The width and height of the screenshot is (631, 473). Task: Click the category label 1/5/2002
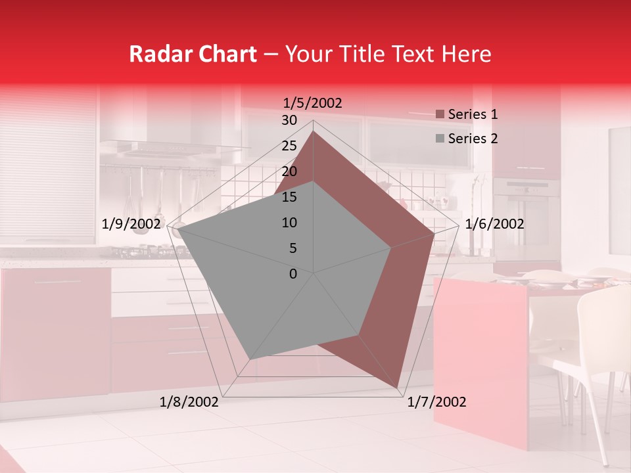pyautogui.click(x=313, y=102)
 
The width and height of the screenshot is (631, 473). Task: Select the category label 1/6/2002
pyautogui.click(x=494, y=224)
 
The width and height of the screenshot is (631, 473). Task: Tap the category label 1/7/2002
pyautogui.click(x=436, y=402)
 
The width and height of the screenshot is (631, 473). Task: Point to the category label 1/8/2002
pyautogui.click(x=189, y=402)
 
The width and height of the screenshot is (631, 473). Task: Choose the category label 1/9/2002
pyautogui.click(x=131, y=224)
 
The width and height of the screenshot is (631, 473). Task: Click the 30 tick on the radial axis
pyautogui.click(x=289, y=120)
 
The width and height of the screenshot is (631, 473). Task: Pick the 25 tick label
pyautogui.click(x=289, y=146)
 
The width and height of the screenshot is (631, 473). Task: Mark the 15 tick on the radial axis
pyautogui.click(x=289, y=197)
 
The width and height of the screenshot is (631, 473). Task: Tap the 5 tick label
pyautogui.click(x=292, y=248)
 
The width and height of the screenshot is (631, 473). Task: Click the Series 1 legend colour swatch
pyautogui.click(x=440, y=115)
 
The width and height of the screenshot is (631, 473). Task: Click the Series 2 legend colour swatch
pyautogui.click(x=440, y=139)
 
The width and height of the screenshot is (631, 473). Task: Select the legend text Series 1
pyautogui.click(x=473, y=114)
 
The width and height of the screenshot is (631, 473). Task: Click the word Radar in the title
pyautogui.click(x=158, y=54)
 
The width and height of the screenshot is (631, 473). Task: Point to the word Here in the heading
pyautogui.click(x=466, y=54)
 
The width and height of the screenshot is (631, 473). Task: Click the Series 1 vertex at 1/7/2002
pyautogui.click(x=398, y=388)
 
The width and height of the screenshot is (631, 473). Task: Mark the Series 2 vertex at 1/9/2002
pyautogui.click(x=178, y=229)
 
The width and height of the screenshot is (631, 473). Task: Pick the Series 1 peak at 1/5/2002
pyautogui.click(x=314, y=131)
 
